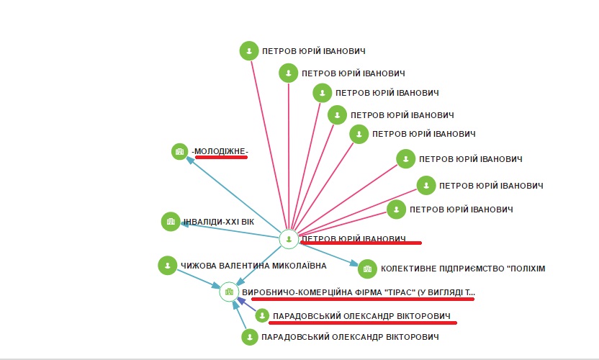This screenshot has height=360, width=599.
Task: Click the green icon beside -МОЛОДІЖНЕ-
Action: (179, 151)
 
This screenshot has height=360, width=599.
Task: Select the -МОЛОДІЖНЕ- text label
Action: (220, 151)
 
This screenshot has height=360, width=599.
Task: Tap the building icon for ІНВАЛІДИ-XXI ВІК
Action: (170, 222)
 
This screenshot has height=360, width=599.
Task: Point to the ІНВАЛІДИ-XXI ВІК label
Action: (218, 222)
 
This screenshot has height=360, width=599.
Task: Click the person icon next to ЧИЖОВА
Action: (167, 265)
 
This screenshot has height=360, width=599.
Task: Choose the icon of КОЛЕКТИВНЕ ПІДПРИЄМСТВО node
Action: (367, 269)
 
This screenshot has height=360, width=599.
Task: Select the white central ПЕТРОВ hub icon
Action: (288, 239)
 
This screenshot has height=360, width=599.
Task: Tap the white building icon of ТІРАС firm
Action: (229, 292)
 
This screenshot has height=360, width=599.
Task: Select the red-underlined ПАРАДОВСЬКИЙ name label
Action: (361, 316)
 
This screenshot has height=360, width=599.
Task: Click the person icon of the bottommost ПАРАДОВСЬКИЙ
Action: (250, 337)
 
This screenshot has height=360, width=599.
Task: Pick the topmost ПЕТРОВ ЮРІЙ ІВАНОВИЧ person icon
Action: (249, 50)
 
